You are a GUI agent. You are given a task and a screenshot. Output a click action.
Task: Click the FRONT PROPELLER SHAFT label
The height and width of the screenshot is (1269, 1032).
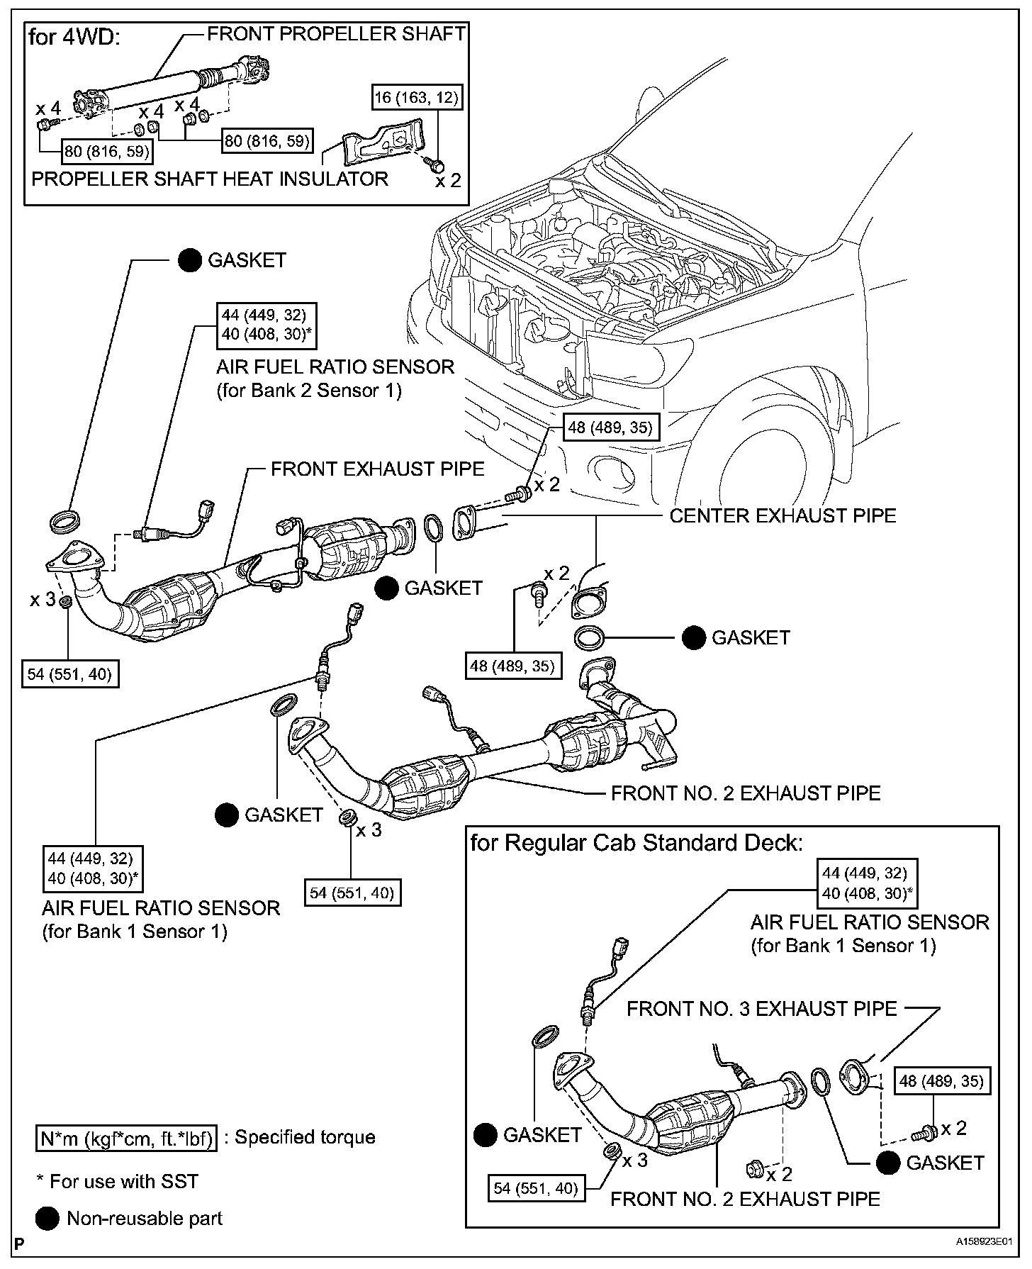337,34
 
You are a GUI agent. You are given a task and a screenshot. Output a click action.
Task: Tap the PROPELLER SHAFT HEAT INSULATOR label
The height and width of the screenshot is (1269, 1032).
210,179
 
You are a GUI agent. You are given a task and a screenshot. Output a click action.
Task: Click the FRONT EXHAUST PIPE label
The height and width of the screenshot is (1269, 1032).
378,469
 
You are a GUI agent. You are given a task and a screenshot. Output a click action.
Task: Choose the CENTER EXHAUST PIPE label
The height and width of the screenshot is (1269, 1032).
783,515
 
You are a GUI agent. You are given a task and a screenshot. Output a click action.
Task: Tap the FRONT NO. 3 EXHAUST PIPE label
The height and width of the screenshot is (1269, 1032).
762,1008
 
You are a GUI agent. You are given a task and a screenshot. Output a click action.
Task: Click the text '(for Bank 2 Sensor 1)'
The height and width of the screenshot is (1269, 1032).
309,391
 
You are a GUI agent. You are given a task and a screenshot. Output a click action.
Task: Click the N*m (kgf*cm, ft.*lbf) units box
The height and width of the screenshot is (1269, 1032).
126,1137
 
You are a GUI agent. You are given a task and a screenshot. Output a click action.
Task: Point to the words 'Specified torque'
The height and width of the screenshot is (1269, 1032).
305,1137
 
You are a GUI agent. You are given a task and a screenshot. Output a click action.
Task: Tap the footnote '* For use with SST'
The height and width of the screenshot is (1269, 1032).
118,1181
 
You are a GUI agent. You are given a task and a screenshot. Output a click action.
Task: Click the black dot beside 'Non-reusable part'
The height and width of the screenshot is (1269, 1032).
47,1219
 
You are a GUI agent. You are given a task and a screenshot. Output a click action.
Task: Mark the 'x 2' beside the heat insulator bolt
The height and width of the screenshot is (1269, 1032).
448,180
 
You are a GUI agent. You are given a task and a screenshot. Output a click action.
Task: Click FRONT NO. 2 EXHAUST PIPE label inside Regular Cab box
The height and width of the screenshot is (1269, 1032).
745,1199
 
